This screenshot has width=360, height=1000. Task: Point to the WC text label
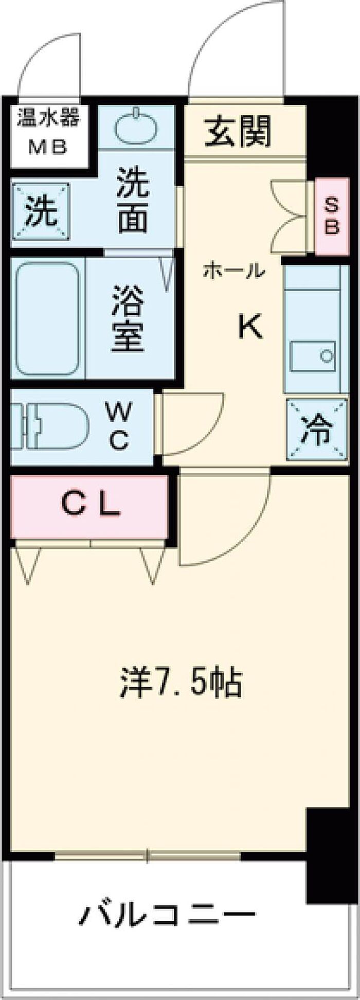[118, 426]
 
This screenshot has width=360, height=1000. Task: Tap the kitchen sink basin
[313, 355]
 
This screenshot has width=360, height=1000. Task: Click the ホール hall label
[234, 271]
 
